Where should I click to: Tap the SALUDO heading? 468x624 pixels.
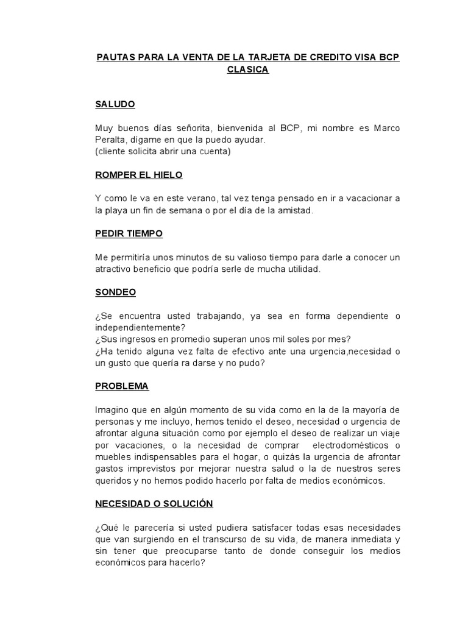point(115,104)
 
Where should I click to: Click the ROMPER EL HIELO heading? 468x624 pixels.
point(139,175)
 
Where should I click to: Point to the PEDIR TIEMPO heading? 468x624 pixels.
point(129,233)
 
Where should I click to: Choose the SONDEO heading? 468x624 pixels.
point(115,292)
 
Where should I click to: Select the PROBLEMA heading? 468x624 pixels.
point(122,386)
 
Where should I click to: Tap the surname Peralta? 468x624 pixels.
point(110,140)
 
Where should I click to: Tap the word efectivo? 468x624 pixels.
point(231,351)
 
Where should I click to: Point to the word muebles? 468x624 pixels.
point(112,456)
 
